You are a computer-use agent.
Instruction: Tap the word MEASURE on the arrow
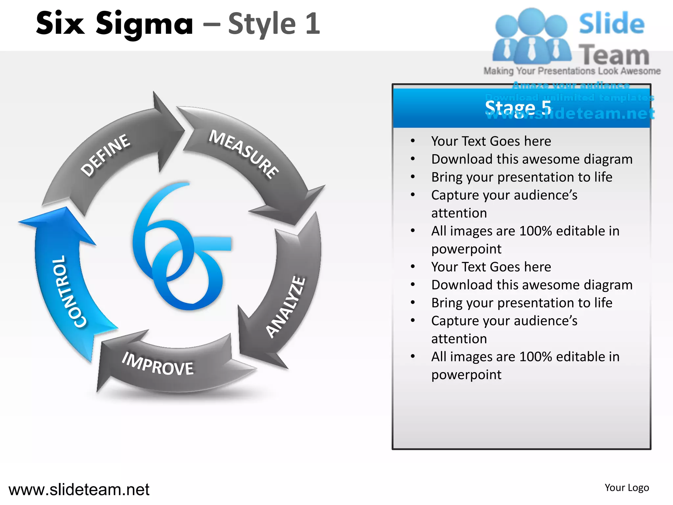(x=244, y=154)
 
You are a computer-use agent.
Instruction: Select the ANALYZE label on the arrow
(x=285, y=307)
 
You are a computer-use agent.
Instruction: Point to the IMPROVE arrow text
(x=158, y=364)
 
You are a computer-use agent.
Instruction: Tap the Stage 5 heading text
(x=518, y=108)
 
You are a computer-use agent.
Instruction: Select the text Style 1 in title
(x=274, y=24)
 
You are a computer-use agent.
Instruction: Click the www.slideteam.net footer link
(x=79, y=490)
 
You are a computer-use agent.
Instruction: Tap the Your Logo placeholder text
(x=627, y=488)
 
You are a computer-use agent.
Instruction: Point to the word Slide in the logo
(x=612, y=24)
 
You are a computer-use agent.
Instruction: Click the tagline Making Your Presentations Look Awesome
(x=572, y=71)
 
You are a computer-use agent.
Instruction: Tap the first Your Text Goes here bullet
(x=491, y=141)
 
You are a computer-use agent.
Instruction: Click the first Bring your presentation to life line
(x=522, y=177)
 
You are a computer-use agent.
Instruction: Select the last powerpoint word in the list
(x=466, y=375)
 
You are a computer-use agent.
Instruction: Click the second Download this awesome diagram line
(x=532, y=285)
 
